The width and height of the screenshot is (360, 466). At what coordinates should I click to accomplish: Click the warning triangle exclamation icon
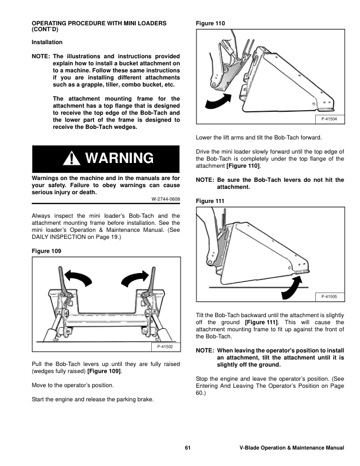tap(72, 158)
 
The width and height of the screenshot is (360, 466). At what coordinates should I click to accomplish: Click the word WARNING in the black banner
tap(119, 158)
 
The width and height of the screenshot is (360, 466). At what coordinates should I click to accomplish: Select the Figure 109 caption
tap(46, 251)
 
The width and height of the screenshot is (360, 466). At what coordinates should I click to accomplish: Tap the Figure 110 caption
tap(211, 24)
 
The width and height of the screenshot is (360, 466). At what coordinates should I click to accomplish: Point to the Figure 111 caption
tap(210, 201)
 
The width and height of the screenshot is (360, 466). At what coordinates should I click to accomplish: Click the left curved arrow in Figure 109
tap(78, 277)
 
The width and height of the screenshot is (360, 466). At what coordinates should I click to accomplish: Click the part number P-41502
tap(165, 347)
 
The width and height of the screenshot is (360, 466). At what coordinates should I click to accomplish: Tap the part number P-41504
tap(329, 119)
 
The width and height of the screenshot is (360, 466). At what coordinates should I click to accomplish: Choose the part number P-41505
tap(329, 297)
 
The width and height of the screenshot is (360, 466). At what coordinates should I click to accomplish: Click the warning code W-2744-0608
tap(166, 199)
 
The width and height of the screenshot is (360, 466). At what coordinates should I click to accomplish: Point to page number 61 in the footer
tap(188, 448)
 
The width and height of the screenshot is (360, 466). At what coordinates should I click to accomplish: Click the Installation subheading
tap(47, 42)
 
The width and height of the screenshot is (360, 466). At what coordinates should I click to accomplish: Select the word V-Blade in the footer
tap(249, 448)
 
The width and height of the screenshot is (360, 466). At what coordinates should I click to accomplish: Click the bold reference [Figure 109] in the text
tap(104, 371)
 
